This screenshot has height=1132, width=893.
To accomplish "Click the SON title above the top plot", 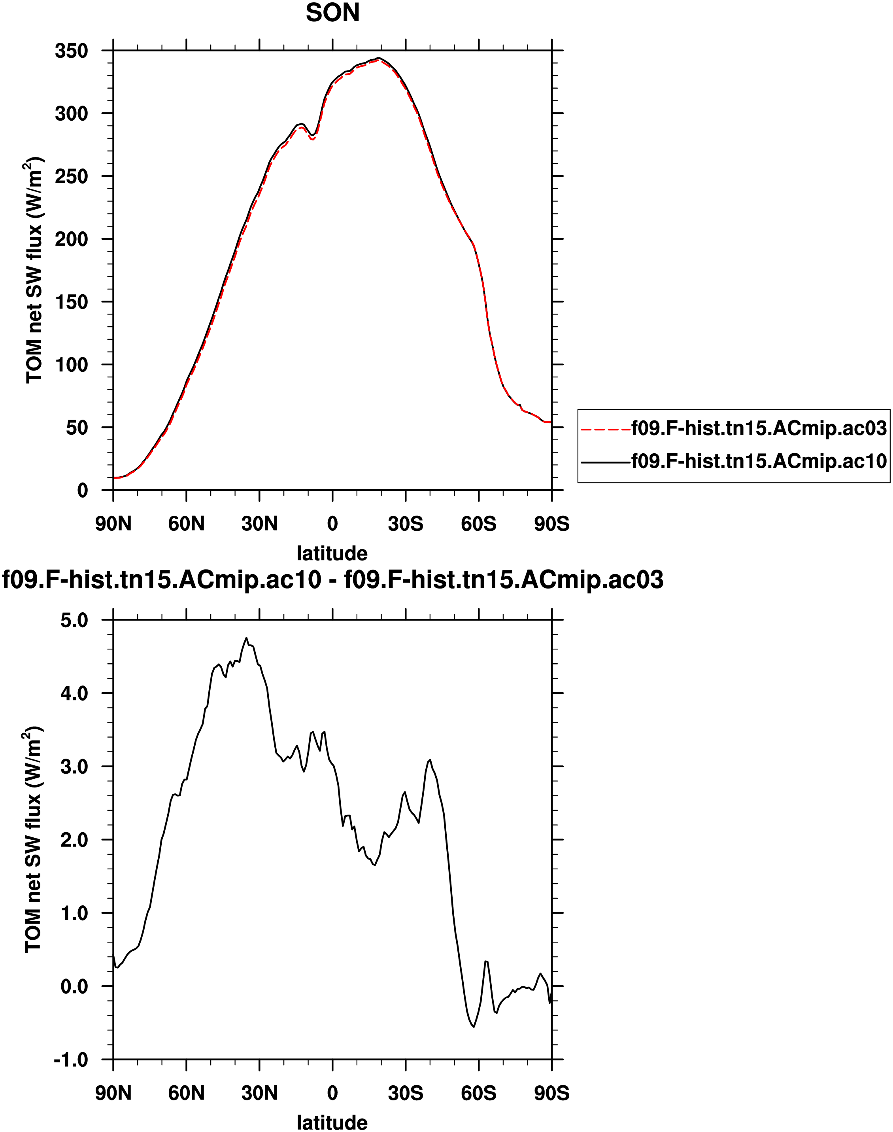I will pyautogui.click(x=332, y=13).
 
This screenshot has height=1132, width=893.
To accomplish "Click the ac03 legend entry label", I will pyautogui.click(x=759, y=428).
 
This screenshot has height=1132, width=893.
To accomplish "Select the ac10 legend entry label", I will pyautogui.click(x=759, y=461).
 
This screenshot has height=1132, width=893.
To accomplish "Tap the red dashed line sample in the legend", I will pyautogui.click(x=606, y=429).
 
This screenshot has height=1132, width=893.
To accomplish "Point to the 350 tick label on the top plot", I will pyautogui.click(x=72, y=51).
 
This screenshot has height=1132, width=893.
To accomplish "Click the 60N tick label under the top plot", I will pyautogui.click(x=186, y=524).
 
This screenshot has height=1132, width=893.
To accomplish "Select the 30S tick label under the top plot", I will pyautogui.click(x=405, y=524).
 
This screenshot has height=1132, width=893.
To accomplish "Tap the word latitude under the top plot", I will pyautogui.click(x=332, y=553).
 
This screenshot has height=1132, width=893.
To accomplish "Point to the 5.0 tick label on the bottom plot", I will pyautogui.click(x=74, y=621).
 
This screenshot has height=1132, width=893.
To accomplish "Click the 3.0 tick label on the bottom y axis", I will pyautogui.click(x=74, y=767).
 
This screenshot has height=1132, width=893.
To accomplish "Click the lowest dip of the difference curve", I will pyautogui.click(x=474, y=1027).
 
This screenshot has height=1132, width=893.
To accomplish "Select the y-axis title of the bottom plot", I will pyautogui.click(x=32, y=840).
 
